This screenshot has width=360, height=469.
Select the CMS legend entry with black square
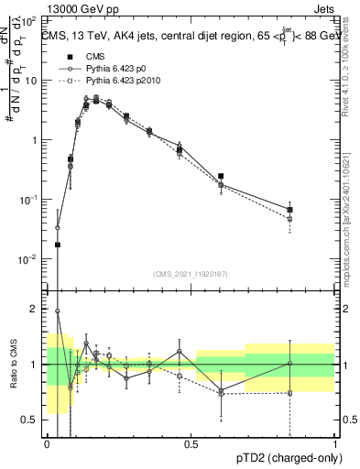[82, 56]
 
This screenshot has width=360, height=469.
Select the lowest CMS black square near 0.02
[58, 245]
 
